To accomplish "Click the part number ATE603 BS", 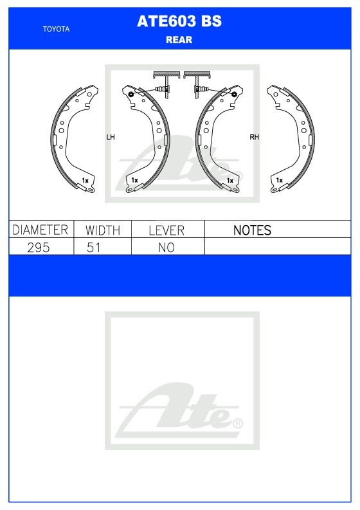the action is click(x=179, y=21).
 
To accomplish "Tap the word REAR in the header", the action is click(x=179, y=40).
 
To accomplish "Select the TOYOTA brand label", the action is click(x=57, y=29).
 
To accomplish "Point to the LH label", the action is click(x=111, y=137).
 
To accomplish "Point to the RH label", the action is click(x=255, y=137).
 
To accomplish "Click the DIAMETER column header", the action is click(x=40, y=230).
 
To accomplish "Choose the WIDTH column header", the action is click(x=103, y=230).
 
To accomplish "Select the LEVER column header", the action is click(x=166, y=230).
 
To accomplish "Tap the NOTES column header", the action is click(x=252, y=230).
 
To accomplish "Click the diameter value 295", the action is click(x=39, y=248).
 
